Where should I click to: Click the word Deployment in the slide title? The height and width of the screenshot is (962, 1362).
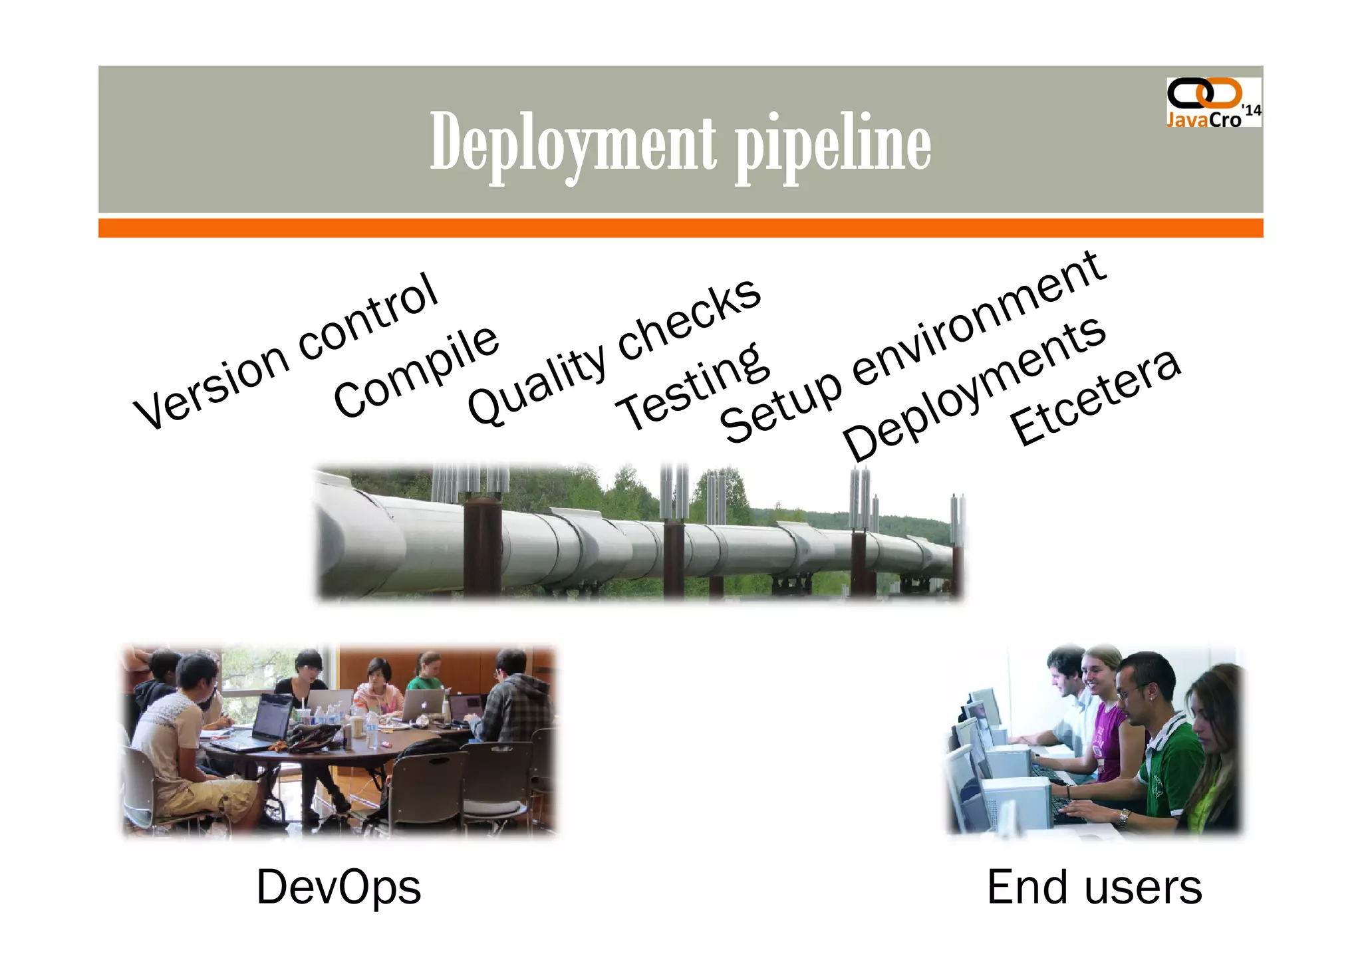(x=573, y=143)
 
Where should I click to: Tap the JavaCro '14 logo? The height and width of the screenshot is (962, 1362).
(x=1213, y=102)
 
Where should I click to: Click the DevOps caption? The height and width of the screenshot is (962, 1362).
(x=339, y=887)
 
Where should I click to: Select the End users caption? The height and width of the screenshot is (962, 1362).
(x=1094, y=887)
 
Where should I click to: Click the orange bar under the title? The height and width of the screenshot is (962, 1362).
(x=680, y=228)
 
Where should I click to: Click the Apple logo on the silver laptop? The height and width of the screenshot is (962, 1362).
(x=424, y=702)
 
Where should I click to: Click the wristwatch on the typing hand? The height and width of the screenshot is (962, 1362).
(x=1123, y=817)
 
